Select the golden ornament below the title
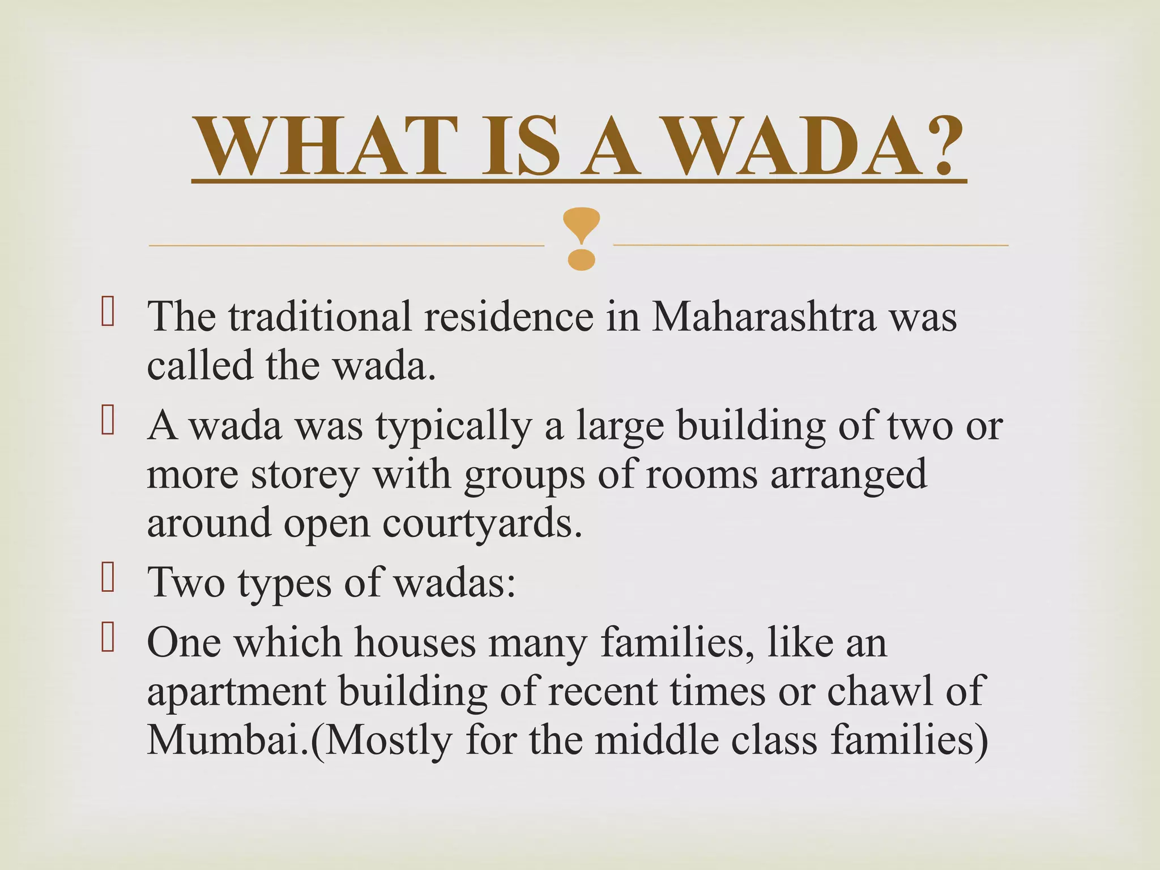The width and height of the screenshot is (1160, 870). click(582, 238)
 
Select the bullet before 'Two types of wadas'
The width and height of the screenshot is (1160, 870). click(108, 578)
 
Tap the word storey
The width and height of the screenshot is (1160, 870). click(305, 476)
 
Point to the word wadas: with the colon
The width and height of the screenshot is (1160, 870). click(455, 583)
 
